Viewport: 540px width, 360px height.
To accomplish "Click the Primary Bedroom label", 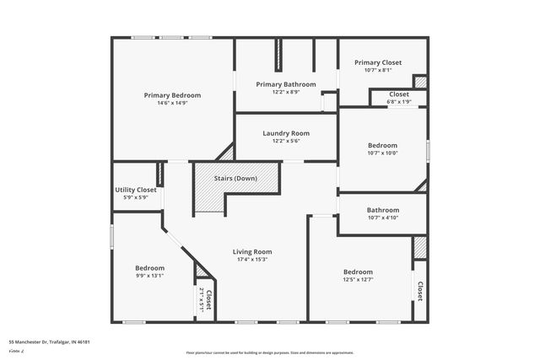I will pos(172,95).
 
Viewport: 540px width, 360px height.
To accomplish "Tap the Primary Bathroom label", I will pos(286,84).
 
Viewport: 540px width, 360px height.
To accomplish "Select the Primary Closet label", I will pos(378,62).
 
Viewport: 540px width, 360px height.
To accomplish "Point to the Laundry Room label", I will pos(286,133).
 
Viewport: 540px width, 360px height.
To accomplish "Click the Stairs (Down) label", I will pos(235,179).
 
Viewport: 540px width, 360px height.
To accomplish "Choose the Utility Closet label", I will pos(136,190).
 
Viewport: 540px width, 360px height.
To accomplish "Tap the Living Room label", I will pos(252,251).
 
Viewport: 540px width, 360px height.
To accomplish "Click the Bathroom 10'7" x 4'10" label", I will pos(383,210).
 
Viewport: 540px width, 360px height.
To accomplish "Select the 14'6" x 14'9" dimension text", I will pos(172,104).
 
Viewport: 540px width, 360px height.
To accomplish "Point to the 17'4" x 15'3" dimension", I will pos(252,260).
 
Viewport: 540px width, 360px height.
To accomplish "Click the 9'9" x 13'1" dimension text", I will pos(149,276).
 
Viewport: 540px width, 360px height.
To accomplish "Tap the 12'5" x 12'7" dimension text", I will pos(358,281).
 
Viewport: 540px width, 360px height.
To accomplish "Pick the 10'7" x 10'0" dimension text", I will pos(382,153).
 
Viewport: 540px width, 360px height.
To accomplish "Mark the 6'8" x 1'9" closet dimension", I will pos(399,102).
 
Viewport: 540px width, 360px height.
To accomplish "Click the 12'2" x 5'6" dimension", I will pos(286,142).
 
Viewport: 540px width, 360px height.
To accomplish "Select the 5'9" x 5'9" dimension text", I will pos(136,197).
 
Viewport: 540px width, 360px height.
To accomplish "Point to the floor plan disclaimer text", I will pos(269,352).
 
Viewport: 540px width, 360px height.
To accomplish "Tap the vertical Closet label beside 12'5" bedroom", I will pos(419,291).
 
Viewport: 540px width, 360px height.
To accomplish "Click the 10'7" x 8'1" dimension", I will pos(378,70).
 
